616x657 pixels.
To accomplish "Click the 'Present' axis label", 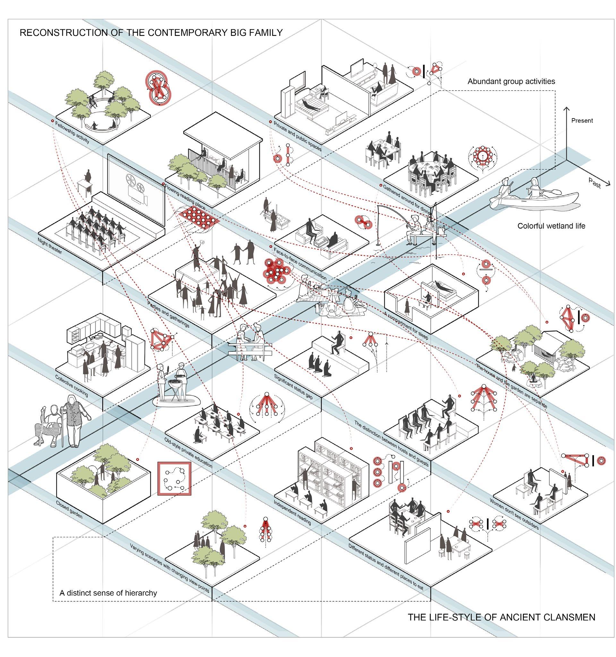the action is [582, 121].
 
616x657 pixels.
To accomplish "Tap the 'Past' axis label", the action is [594, 182].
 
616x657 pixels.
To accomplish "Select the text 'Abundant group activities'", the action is [511, 81].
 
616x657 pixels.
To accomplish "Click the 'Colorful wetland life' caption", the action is [551, 226].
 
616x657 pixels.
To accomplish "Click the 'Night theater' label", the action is [49, 246].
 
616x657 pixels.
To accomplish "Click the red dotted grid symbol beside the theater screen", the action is [199, 218].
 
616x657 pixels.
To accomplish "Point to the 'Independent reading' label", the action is [292, 512].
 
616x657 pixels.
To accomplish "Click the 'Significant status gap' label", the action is [293, 387].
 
